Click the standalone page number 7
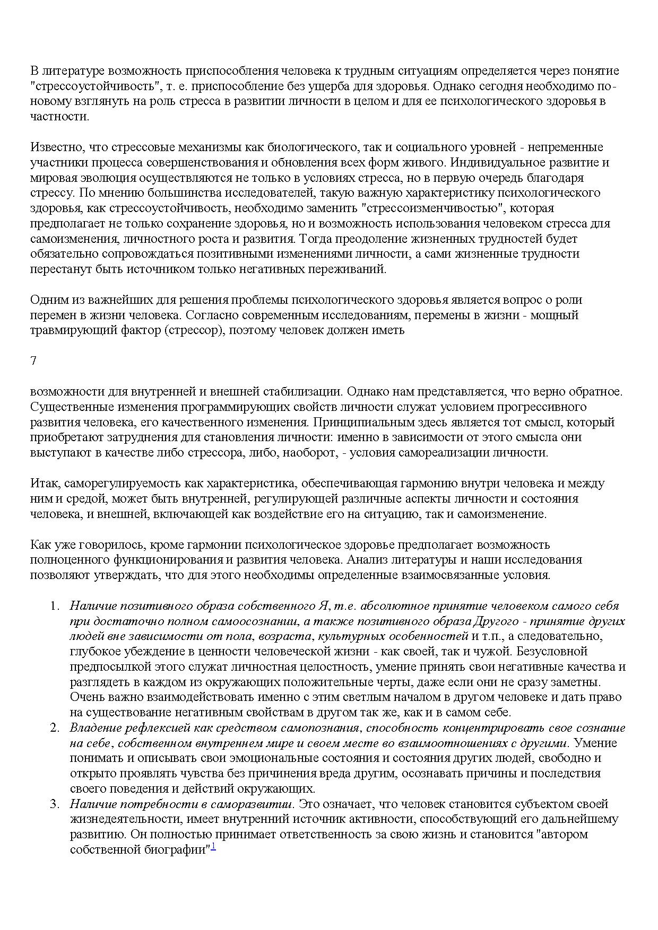[33, 361]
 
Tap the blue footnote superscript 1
[213, 847]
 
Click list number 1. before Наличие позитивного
[55, 606]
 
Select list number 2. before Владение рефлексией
[55, 727]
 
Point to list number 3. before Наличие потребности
[55, 804]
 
